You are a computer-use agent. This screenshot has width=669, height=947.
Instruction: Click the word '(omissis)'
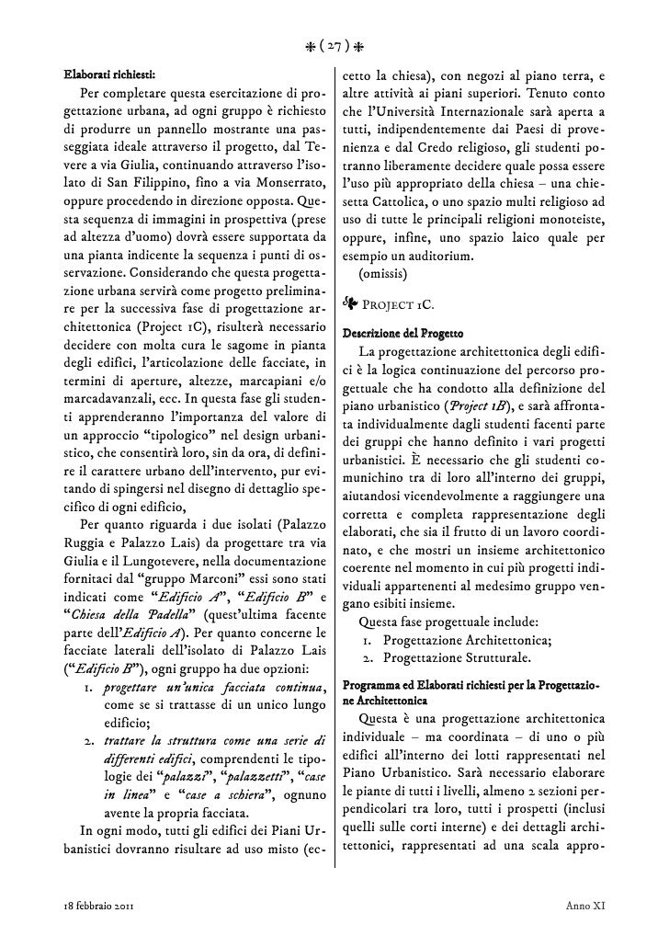click(x=379, y=274)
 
